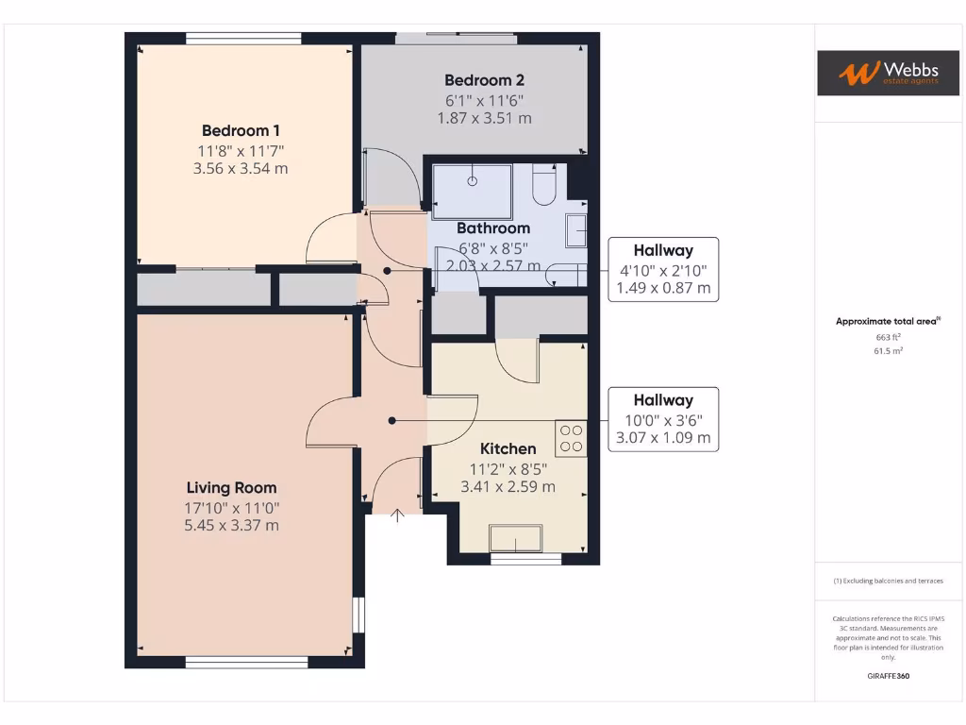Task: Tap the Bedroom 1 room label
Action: pyautogui.click(x=241, y=130)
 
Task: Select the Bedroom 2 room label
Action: pyautogui.click(x=484, y=80)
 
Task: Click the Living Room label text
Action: pyautogui.click(x=231, y=487)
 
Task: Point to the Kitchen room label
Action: pyautogui.click(x=508, y=448)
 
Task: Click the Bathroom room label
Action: pyautogui.click(x=493, y=228)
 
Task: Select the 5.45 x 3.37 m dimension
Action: pyautogui.click(x=231, y=525)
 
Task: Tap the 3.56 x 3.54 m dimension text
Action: pyautogui.click(x=241, y=169)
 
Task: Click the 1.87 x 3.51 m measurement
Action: pyautogui.click(x=484, y=118)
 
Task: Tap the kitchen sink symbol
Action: pyautogui.click(x=515, y=539)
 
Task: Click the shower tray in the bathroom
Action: pyautogui.click(x=473, y=186)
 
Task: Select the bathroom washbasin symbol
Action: pyautogui.click(x=575, y=230)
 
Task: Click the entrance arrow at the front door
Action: pyautogui.click(x=397, y=515)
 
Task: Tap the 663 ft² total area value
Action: pyautogui.click(x=887, y=337)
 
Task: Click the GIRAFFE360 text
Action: pyautogui.click(x=887, y=676)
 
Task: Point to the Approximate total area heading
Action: pyautogui.click(x=887, y=321)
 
